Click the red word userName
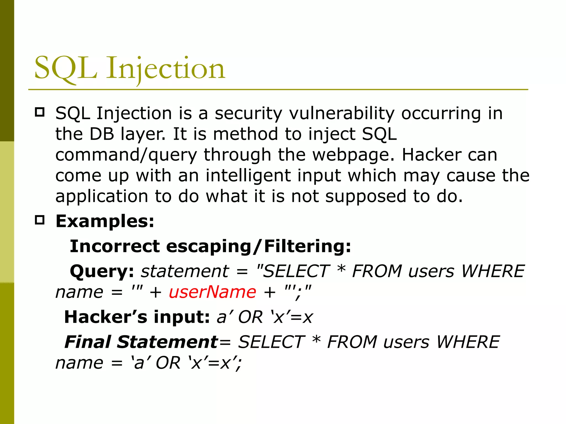pos(212,292)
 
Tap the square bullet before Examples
pos(40,220)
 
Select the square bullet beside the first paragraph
pos(40,112)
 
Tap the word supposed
pos(365,196)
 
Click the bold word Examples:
pos(105,221)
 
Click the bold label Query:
pos(102,272)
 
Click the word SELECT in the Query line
pos(296,271)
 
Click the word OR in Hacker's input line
pos(250,317)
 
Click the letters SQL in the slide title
pos(65,68)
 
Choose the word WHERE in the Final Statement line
pos(468,342)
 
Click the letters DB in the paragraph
pos(102,134)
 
